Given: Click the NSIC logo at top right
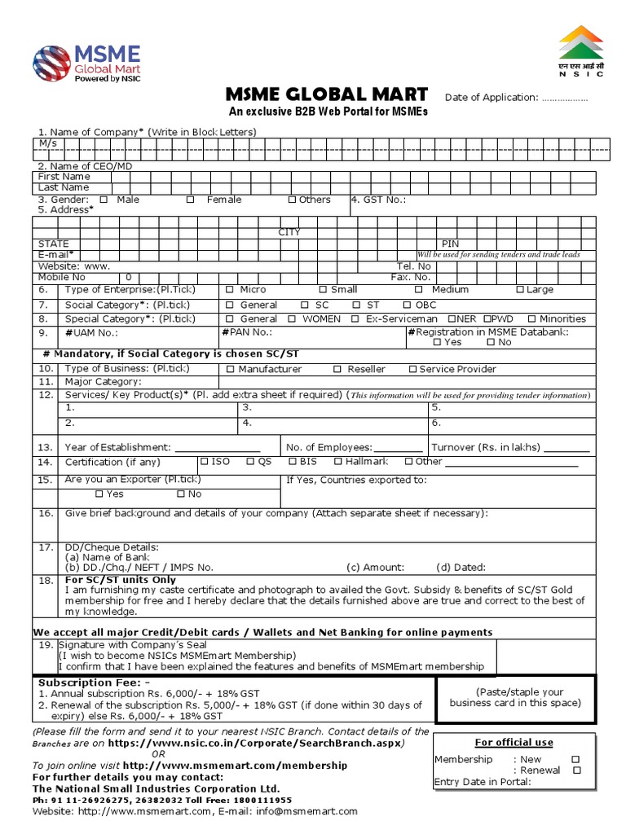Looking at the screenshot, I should point(580,50).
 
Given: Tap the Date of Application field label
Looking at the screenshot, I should point(492,98).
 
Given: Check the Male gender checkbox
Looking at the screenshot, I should point(104,200).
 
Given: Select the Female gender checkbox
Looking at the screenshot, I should point(190,200).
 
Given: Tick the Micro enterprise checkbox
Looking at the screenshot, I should point(230,290).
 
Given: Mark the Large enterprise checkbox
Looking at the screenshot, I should point(520,290).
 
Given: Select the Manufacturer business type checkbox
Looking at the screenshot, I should point(230,370).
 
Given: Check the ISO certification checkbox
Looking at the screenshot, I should point(204,462).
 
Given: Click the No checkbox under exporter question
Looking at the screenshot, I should point(180,494).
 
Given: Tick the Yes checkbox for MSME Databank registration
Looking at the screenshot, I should point(437,343).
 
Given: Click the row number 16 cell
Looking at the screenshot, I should point(45,514).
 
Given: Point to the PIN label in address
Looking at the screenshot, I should point(451,244).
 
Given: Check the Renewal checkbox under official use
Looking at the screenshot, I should point(575,770).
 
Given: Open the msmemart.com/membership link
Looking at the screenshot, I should point(235,766).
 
